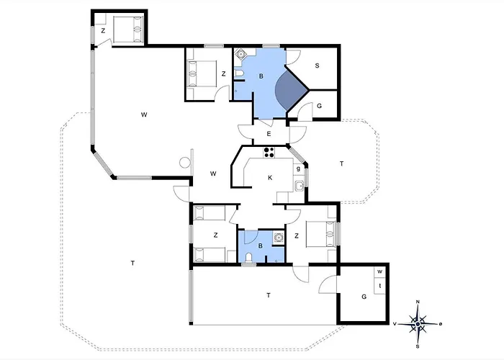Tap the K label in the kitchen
pyautogui.click(x=270, y=178)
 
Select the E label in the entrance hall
pyautogui.click(x=268, y=134)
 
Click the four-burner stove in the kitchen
pyautogui.click(x=270, y=151)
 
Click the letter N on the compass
pyautogui.click(x=418, y=303)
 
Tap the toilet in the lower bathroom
pyautogui.click(x=248, y=258)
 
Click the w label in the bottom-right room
pyautogui.click(x=379, y=271)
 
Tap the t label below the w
pyautogui.click(x=379, y=285)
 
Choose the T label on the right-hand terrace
pyautogui.click(x=341, y=164)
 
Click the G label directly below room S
pyautogui.click(x=319, y=107)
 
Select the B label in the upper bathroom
pyautogui.click(x=261, y=76)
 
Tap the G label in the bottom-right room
pyautogui.click(x=364, y=296)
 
